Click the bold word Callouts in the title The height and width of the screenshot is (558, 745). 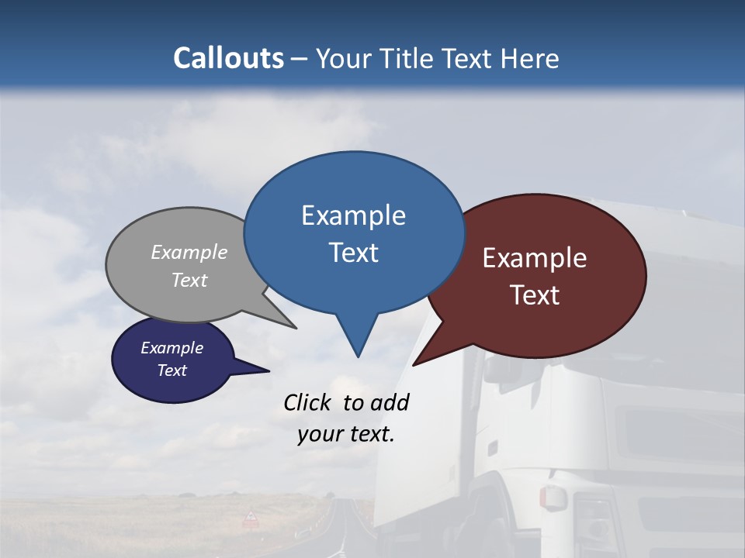click(x=228, y=59)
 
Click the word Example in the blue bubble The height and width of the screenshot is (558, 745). click(x=353, y=215)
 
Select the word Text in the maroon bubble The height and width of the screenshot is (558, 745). click(x=535, y=295)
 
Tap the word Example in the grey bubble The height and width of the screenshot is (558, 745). click(x=189, y=253)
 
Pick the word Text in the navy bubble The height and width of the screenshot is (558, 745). click(x=172, y=370)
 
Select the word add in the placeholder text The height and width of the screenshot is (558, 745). click(x=390, y=403)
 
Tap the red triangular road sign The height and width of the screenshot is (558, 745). click(x=251, y=517)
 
